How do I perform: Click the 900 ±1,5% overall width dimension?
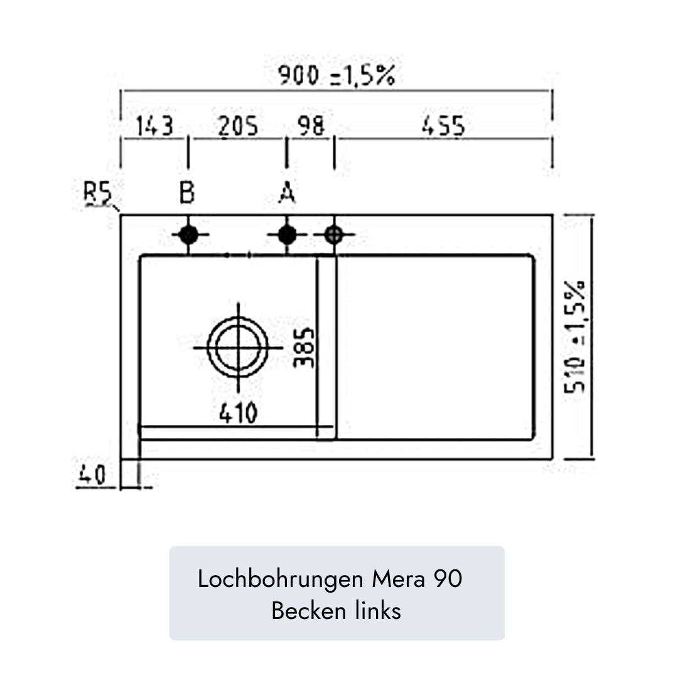pyautogui.click(x=336, y=76)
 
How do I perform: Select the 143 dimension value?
pyautogui.click(x=154, y=126)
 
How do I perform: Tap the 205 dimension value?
pyautogui.click(x=238, y=126)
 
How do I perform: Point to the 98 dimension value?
pyautogui.click(x=311, y=126)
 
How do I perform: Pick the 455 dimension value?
pyautogui.click(x=444, y=126)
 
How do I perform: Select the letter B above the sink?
pyautogui.click(x=187, y=193)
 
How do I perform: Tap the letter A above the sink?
pyautogui.click(x=287, y=193)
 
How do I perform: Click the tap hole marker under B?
pyautogui.click(x=188, y=235)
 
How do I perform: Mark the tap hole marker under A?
pyautogui.click(x=287, y=235)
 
